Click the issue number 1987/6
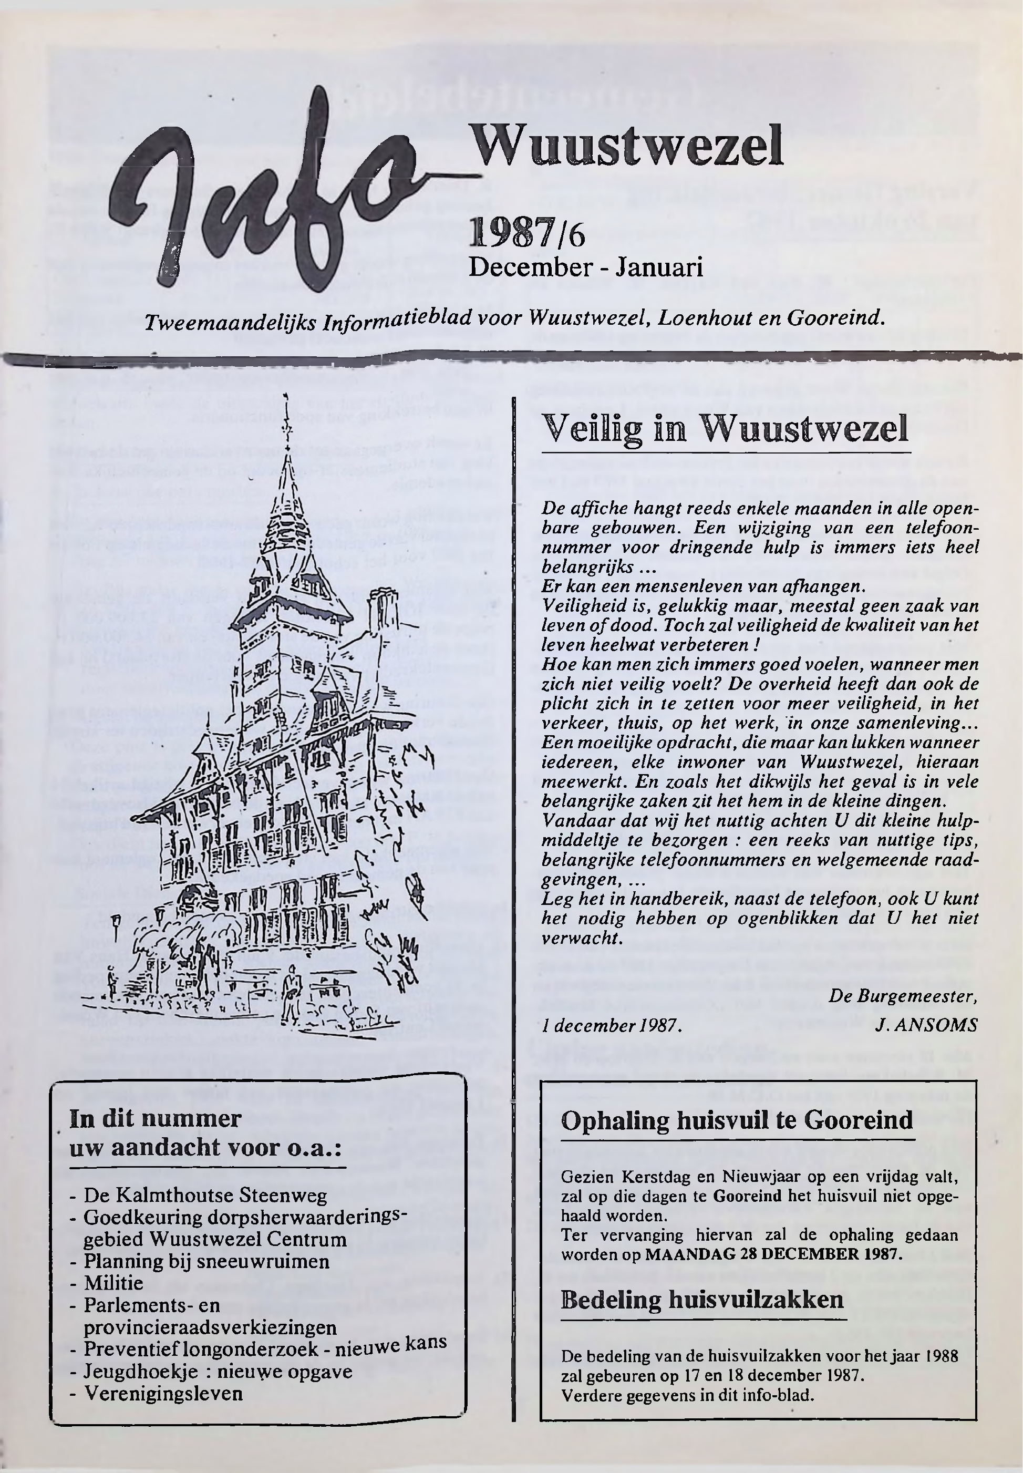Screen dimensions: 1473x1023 pyautogui.click(x=527, y=234)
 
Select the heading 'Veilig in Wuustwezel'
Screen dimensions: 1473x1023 pyautogui.click(x=725, y=428)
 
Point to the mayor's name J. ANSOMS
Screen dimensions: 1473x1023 pyautogui.click(x=926, y=1026)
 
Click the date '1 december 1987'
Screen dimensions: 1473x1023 pyautogui.click(x=609, y=1026)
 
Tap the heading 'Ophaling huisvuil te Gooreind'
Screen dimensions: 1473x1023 pyautogui.click(x=737, y=1120)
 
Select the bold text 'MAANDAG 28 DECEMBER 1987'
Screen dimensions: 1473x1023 pyautogui.click(x=773, y=1254)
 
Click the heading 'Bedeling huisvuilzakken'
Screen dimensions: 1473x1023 pyautogui.click(x=702, y=1299)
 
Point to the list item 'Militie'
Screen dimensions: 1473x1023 pyautogui.click(x=114, y=1283)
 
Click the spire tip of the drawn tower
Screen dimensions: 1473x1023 pyautogui.click(x=286, y=400)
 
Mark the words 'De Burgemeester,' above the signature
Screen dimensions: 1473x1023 pyautogui.click(x=903, y=996)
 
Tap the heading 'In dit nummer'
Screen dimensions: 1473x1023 pyautogui.click(x=155, y=1118)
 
